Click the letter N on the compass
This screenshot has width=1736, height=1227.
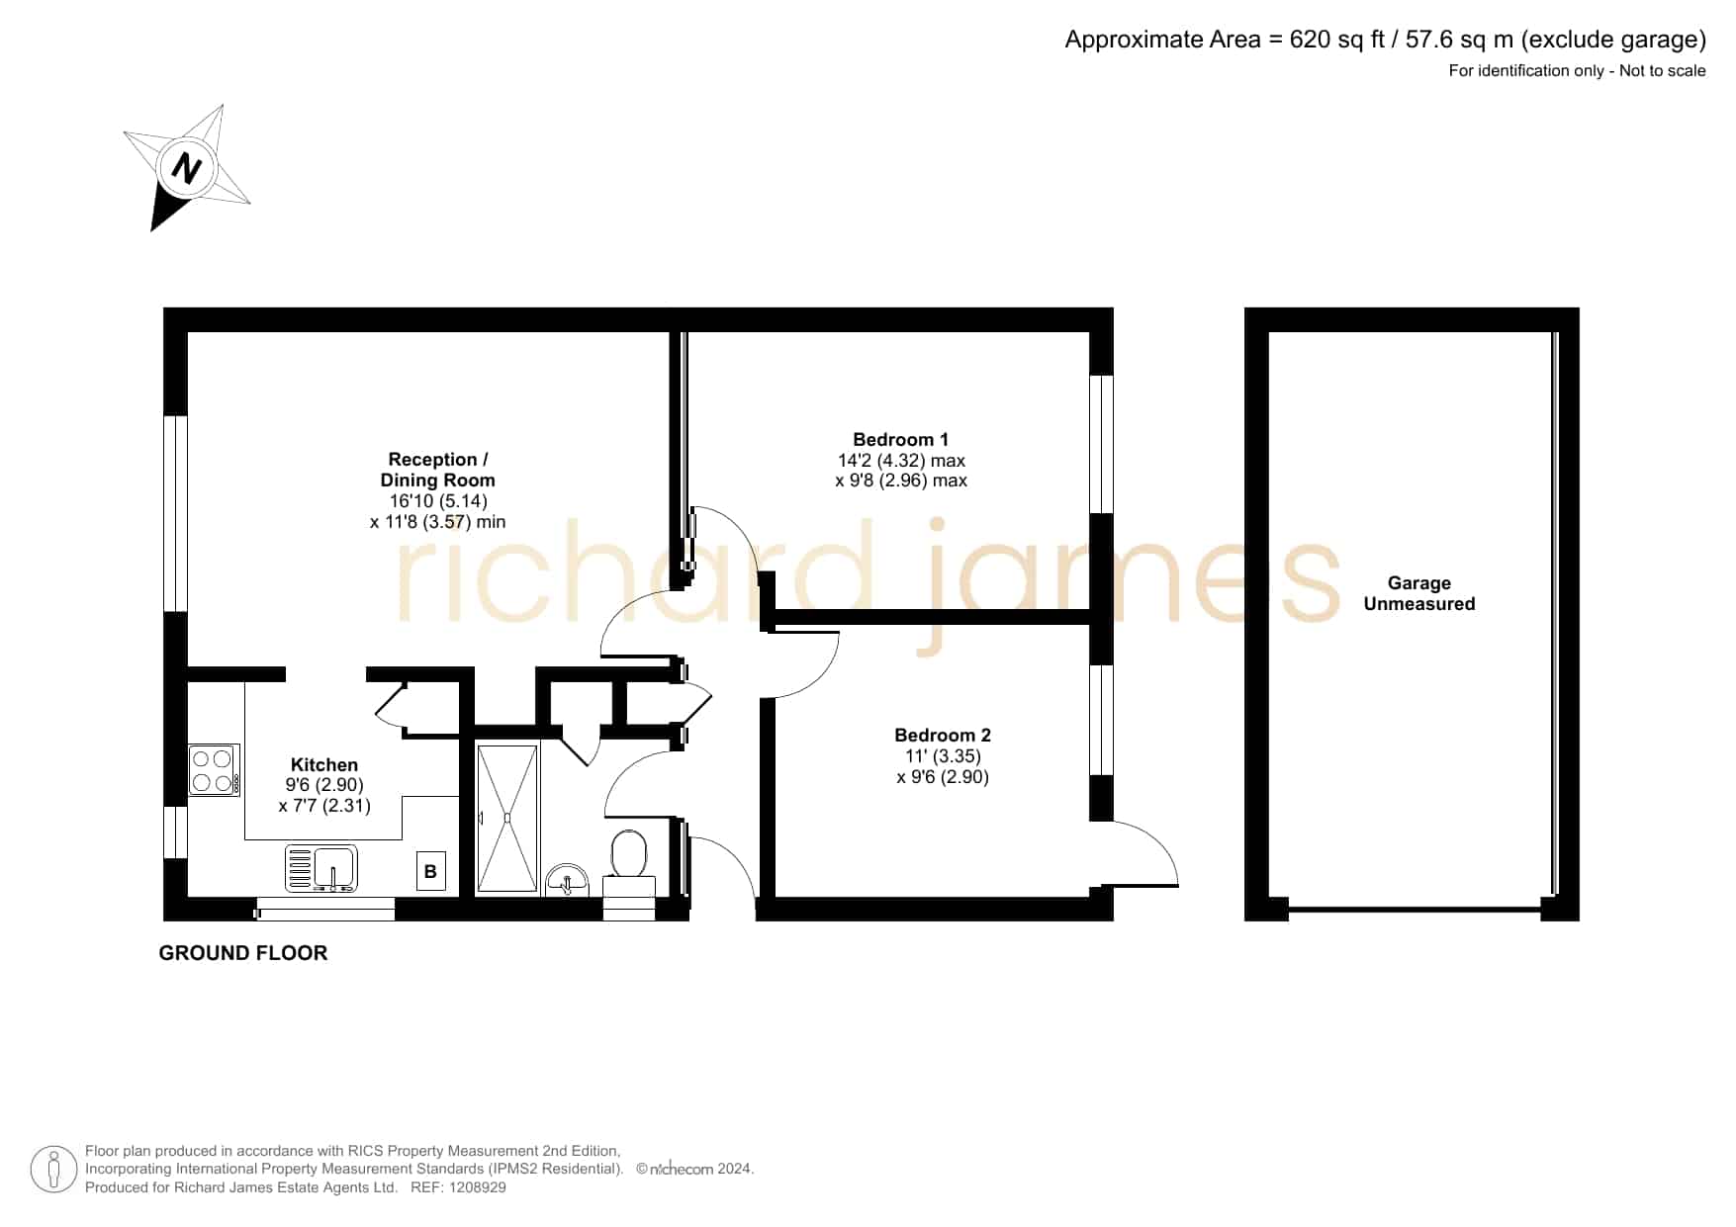186,167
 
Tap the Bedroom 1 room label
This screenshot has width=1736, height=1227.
900,440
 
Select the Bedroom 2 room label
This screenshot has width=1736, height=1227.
942,736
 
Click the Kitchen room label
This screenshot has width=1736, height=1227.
324,765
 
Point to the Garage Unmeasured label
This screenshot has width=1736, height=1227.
1418,594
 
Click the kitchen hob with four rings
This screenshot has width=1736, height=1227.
214,770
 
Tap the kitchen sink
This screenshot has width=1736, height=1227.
321,869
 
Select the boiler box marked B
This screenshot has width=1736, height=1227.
430,872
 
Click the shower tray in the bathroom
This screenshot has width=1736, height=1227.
507,819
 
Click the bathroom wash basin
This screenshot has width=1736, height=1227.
567,880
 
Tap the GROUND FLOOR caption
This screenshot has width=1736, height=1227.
243,953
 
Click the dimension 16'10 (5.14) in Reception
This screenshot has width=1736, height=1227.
438,501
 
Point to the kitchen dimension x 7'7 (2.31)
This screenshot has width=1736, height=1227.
324,806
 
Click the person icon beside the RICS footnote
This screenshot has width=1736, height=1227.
53,1170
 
